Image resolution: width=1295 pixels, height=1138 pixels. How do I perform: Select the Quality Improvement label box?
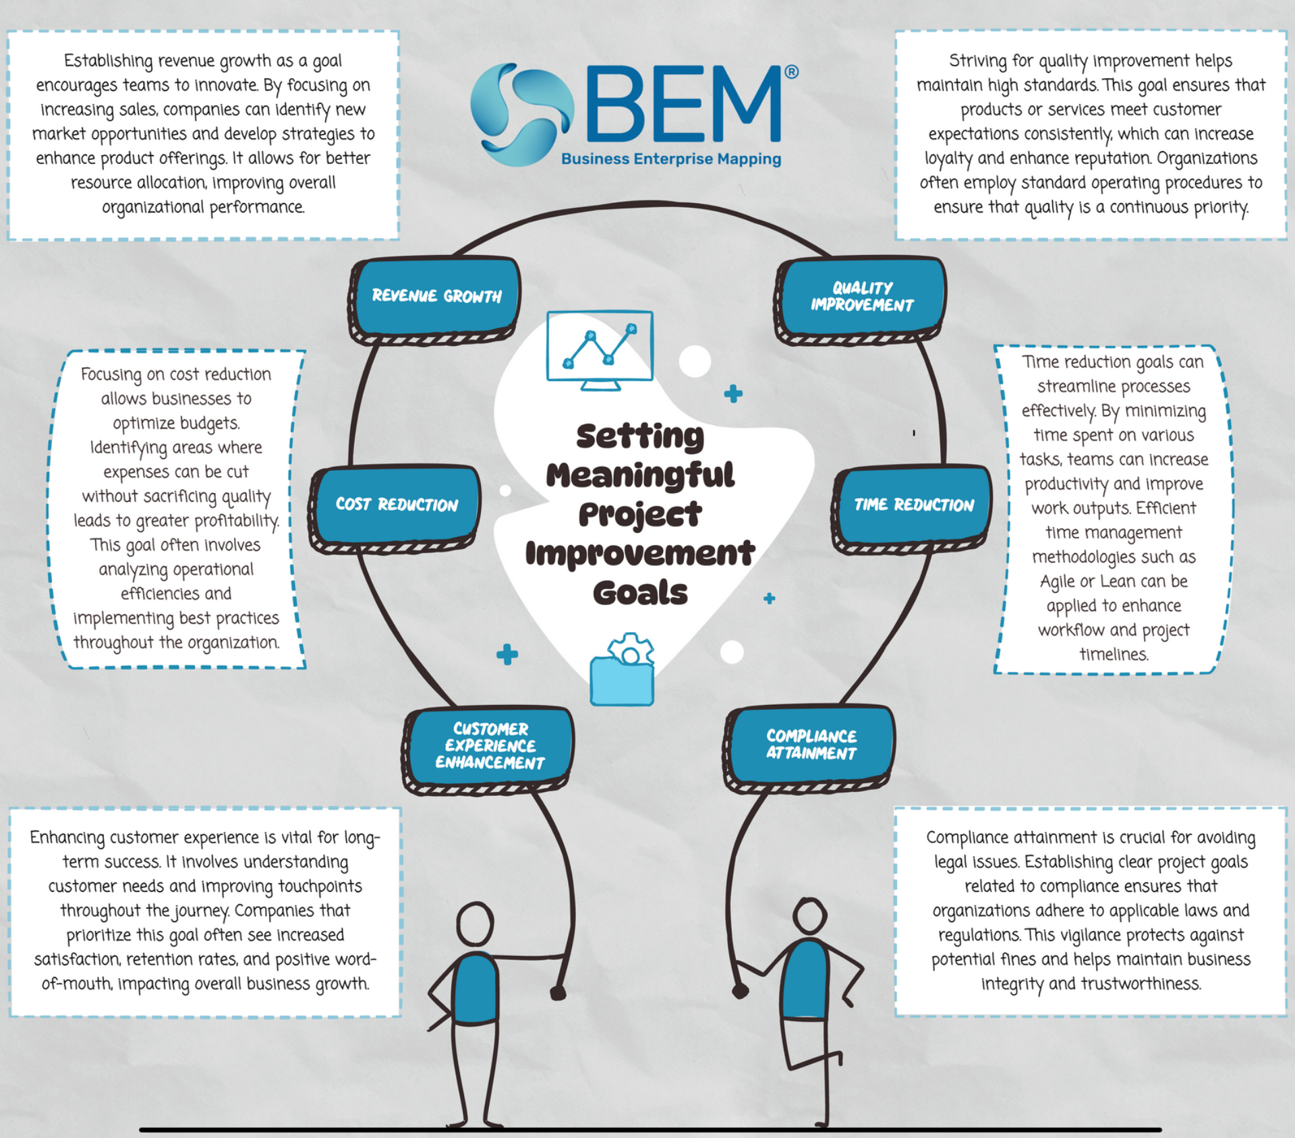(x=861, y=296)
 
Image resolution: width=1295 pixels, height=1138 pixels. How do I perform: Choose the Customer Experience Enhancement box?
(x=490, y=745)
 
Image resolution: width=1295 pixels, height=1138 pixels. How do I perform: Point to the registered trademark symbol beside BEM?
(x=791, y=72)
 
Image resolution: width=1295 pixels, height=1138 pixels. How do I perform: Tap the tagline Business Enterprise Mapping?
(x=670, y=159)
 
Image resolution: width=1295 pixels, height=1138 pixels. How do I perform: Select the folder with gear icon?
(x=623, y=672)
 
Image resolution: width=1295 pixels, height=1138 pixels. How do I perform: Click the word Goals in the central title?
(x=640, y=593)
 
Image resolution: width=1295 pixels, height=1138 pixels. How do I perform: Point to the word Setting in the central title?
(x=639, y=436)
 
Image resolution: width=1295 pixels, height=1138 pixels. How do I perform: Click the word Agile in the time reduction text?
(x=1058, y=581)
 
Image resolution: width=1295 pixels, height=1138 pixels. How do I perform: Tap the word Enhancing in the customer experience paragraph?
(x=67, y=837)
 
